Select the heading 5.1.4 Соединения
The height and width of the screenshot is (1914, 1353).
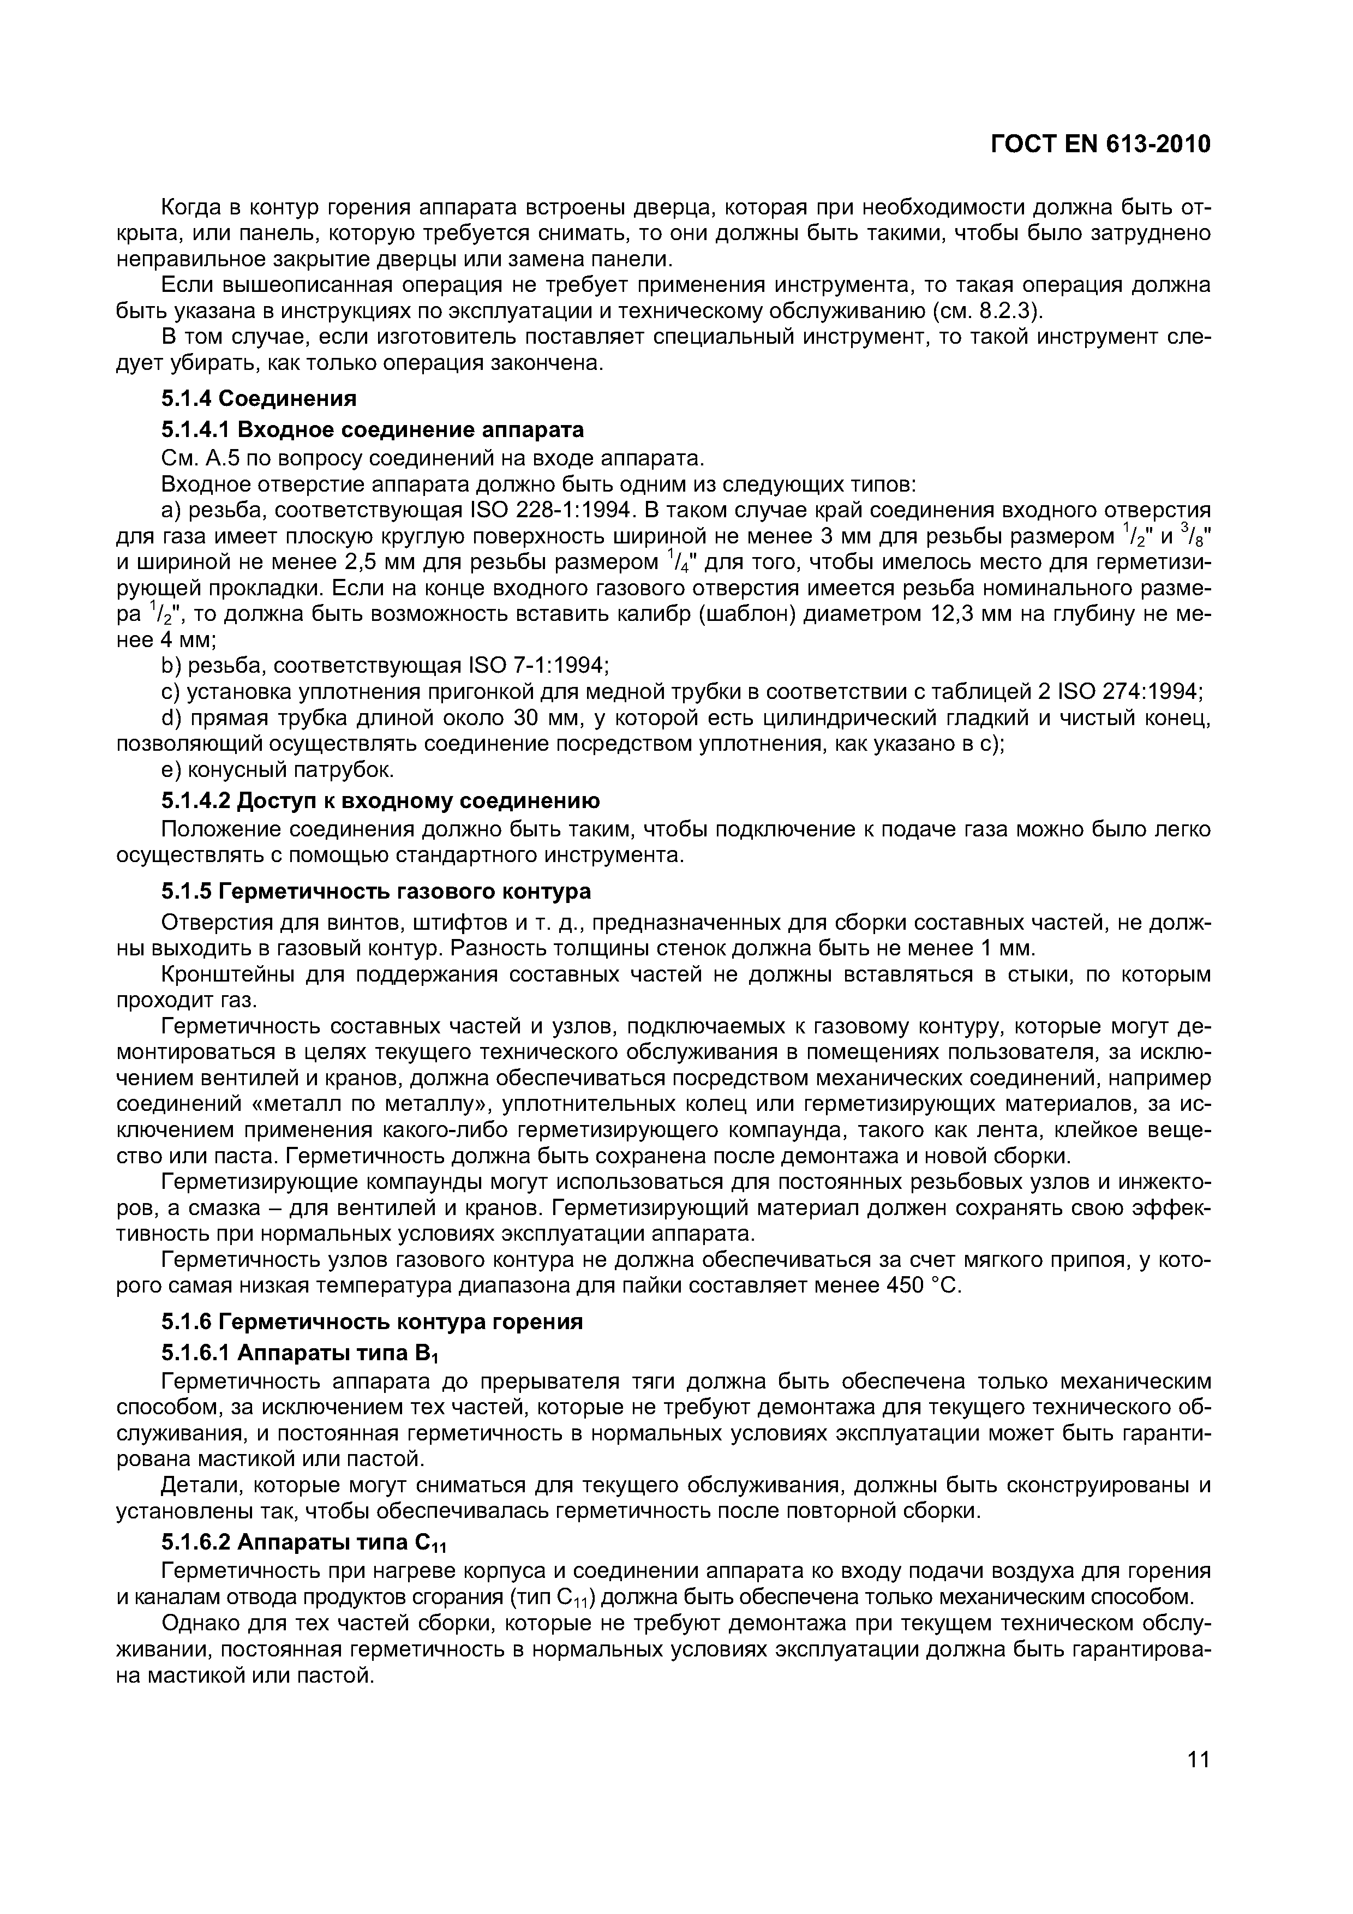(x=259, y=398)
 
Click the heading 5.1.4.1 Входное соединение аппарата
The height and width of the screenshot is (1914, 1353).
(x=372, y=429)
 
